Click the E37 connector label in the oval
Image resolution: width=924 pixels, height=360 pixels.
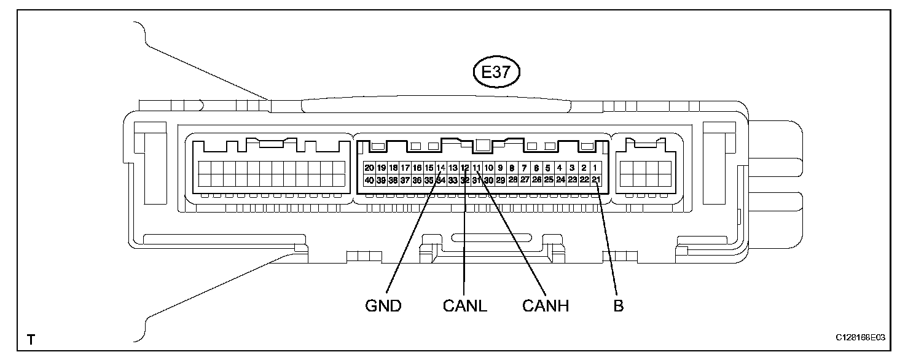(x=496, y=72)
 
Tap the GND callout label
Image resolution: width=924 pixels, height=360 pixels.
(x=384, y=305)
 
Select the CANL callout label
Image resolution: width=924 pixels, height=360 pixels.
(x=464, y=305)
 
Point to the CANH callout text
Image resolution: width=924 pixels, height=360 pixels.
(x=546, y=305)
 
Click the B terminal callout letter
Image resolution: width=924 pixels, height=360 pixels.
(x=618, y=305)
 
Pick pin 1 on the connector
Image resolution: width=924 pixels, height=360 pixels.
(x=595, y=168)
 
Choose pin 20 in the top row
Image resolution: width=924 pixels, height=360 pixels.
(x=369, y=168)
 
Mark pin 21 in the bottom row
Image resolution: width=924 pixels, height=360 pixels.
(x=595, y=180)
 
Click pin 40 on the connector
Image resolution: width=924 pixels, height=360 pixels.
(x=369, y=180)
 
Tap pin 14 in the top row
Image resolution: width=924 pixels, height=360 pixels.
(x=440, y=168)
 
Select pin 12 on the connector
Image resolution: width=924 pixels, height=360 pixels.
(x=464, y=168)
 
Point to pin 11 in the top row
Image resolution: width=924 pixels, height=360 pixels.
(x=476, y=168)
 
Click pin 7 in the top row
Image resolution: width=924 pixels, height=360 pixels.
(x=524, y=168)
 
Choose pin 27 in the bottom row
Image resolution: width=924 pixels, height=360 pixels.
(x=524, y=180)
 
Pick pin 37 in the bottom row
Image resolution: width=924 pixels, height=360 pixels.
(x=405, y=180)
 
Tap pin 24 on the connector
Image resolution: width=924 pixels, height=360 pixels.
(x=560, y=180)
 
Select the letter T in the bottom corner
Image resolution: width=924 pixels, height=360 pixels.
(x=31, y=339)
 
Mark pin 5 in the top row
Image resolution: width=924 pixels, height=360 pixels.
(x=547, y=168)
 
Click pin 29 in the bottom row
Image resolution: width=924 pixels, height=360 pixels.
(x=500, y=180)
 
